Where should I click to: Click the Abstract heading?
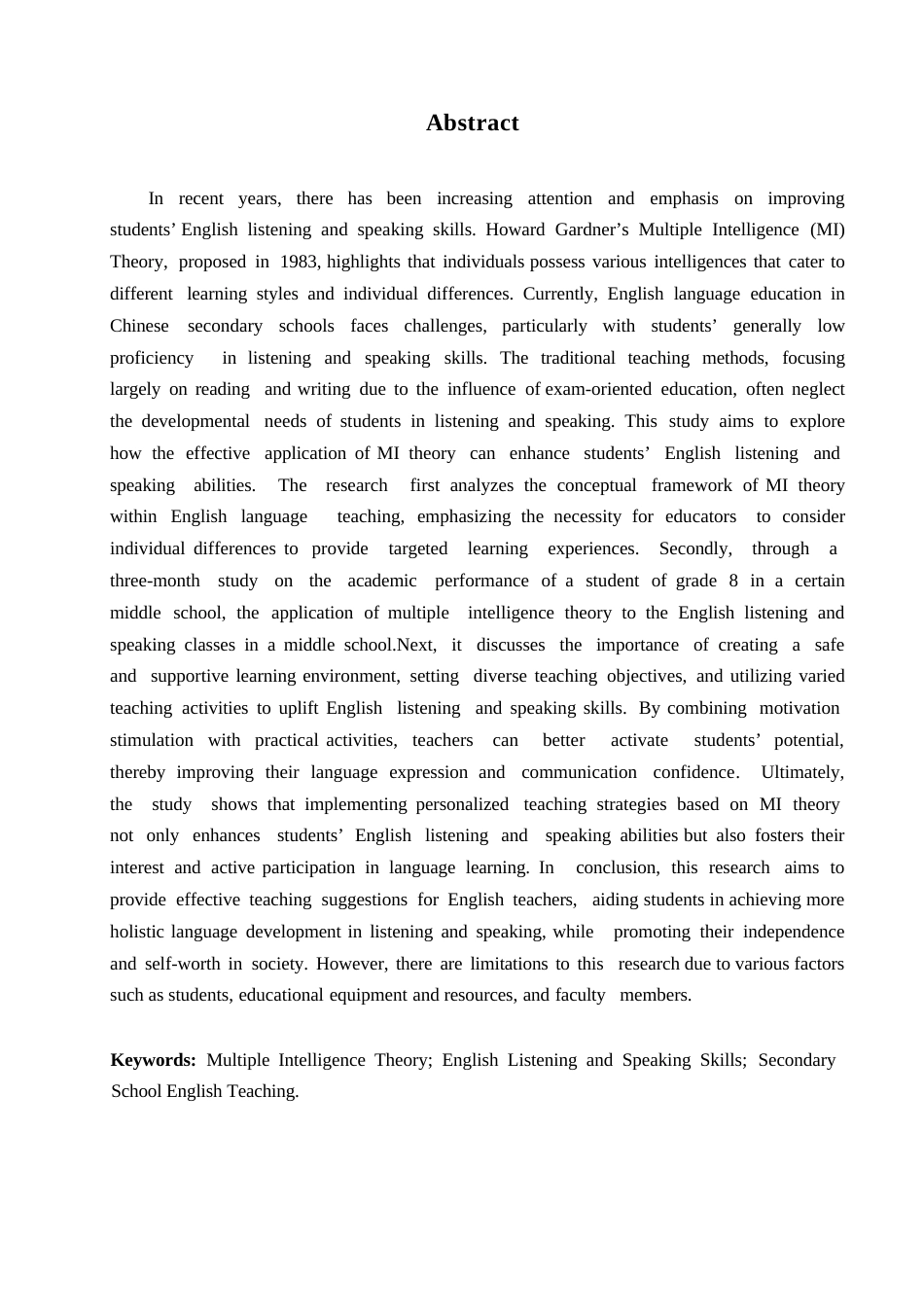point(472,123)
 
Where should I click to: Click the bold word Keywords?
point(153,1060)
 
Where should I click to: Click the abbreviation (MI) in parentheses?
point(827,230)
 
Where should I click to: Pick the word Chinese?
point(139,326)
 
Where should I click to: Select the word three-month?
point(155,581)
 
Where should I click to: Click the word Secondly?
point(695,548)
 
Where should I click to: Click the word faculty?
point(580,995)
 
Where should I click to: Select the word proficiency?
point(152,358)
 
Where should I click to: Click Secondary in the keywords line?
point(797,1060)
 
